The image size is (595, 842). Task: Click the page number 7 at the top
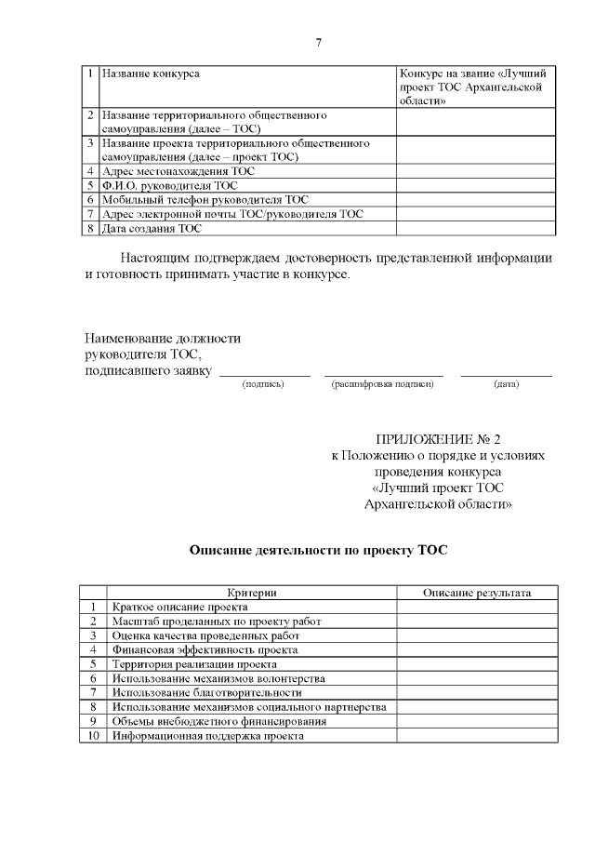pyautogui.click(x=318, y=43)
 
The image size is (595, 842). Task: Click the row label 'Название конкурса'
pyautogui.click(x=151, y=73)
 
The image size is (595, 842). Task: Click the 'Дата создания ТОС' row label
pyautogui.click(x=152, y=228)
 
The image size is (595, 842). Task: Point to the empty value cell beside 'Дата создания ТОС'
pyautogui.click(x=476, y=228)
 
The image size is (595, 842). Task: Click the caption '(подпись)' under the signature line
pyautogui.click(x=263, y=383)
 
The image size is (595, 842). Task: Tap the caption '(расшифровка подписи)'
pyautogui.click(x=382, y=383)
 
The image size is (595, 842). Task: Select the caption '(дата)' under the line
pyautogui.click(x=507, y=383)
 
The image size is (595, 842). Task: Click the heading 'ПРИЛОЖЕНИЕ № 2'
pyautogui.click(x=438, y=439)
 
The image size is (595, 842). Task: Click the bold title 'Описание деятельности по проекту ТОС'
pyautogui.click(x=318, y=550)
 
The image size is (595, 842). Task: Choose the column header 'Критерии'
pyautogui.click(x=252, y=593)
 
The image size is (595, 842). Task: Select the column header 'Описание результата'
pyautogui.click(x=477, y=593)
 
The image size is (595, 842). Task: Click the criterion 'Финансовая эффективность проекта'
pyautogui.click(x=205, y=649)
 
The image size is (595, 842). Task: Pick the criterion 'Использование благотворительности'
pyautogui.click(x=206, y=692)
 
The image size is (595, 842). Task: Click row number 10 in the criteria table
pyautogui.click(x=92, y=735)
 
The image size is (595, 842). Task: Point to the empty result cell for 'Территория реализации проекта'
pyautogui.click(x=477, y=664)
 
